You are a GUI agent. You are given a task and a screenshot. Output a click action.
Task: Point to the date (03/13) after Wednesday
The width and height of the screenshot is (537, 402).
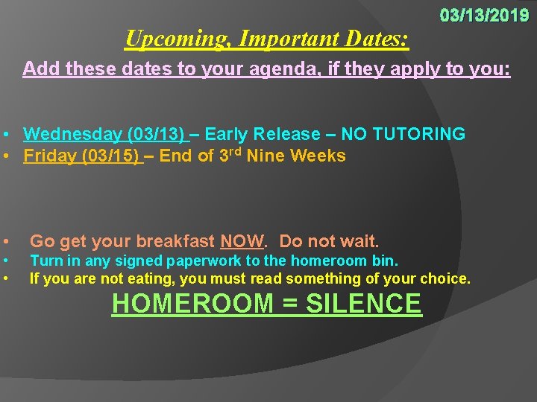[x=157, y=134]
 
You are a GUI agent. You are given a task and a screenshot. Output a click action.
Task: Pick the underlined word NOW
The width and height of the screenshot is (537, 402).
[x=242, y=241]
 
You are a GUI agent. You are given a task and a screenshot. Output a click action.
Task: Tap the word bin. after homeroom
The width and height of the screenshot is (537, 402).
[x=387, y=261]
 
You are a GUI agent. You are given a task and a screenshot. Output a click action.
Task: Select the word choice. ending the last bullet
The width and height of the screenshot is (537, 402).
[x=448, y=279]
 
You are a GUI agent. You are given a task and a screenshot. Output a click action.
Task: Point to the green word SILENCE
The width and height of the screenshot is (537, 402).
[x=364, y=304]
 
